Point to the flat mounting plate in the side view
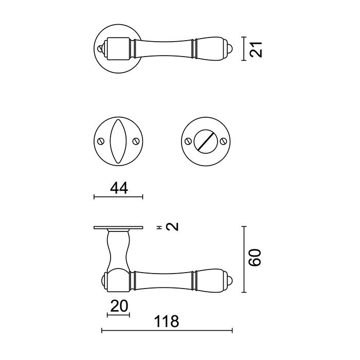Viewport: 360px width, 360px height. tap(118, 228)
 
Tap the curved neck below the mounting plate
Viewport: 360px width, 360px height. tap(118, 249)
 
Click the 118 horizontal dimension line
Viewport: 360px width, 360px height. tap(167, 330)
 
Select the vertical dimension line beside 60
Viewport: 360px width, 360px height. tap(243, 257)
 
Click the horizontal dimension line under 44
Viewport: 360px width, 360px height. tap(118, 196)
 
